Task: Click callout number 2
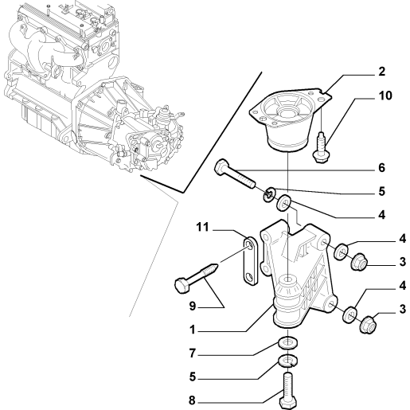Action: point(381,72)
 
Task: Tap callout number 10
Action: point(385,96)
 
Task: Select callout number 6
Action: point(381,168)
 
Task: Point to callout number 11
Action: point(203,228)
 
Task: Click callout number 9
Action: point(193,307)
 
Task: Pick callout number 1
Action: point(193,330)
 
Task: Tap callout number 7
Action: point(193,353)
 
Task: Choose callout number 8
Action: point(193,400)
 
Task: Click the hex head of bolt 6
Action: point(221,166)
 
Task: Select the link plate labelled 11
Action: point(250,260)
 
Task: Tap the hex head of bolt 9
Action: point(182,286)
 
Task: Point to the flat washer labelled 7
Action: point(287,343)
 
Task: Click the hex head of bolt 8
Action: point(288,404)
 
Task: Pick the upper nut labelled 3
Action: point(359,262)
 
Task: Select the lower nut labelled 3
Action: point(369,324)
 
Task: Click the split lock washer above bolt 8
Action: point(287,361)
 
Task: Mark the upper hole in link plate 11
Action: point(250,244)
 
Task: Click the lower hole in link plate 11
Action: point(250,277)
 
